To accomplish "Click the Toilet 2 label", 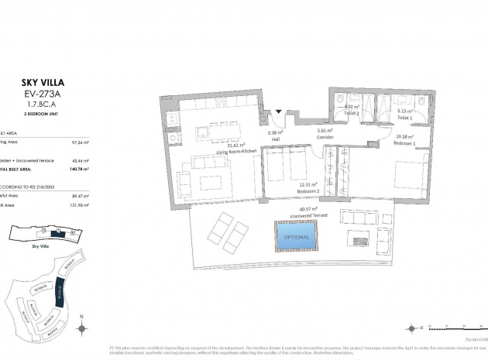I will tap(352, 112).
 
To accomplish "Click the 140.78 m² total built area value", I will tap(78, 168).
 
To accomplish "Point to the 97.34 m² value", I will tap(80, 142).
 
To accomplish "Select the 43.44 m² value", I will tap(80, 160).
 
